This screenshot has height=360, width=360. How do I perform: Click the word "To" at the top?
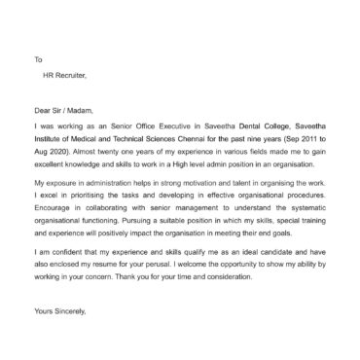click(x=37, y=59)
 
